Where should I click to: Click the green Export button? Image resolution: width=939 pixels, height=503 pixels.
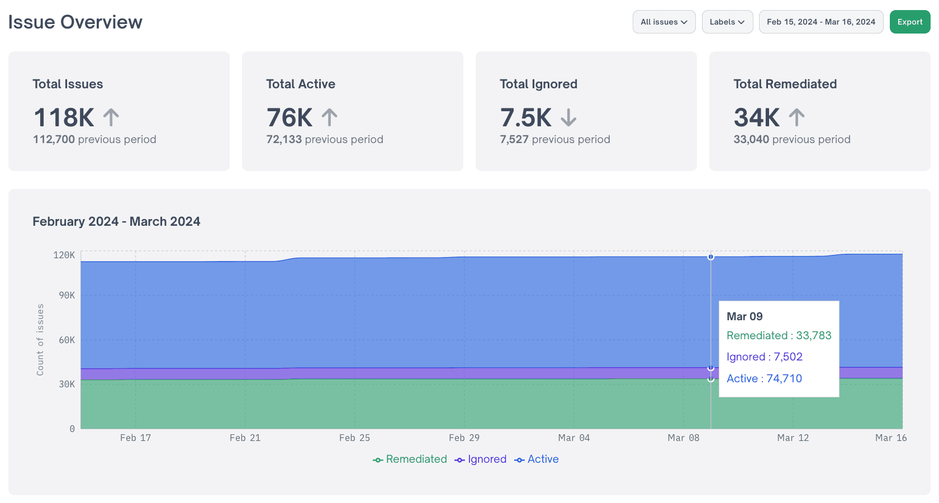click(909, 22)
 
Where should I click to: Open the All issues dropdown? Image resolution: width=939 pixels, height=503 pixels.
click(663, 22)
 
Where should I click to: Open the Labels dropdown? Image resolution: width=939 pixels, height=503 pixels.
click(727, 22)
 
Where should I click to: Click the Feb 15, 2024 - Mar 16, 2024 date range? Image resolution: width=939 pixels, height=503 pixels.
click(821, 22)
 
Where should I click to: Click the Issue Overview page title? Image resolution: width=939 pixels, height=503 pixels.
click(75, 22)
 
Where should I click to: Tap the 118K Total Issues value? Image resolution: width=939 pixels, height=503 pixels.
click(64, 118)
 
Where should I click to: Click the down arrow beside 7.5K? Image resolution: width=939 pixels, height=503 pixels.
click(568, 118)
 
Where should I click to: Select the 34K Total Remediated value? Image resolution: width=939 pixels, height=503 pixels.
click(756, 118)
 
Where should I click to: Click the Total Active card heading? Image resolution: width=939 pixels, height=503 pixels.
click(300, 84)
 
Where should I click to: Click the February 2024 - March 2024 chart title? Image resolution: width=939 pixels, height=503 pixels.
click(116, 221)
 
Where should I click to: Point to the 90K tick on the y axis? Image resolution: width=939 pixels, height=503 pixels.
click(67, 295)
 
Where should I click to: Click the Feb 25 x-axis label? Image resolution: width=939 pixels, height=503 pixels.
click(354, 438)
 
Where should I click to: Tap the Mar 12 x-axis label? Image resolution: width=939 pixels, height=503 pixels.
click(793, 438)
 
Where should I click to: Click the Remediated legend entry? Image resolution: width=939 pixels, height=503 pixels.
click(410, 459)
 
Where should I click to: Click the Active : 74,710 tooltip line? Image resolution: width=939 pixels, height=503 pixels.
click(764, 378)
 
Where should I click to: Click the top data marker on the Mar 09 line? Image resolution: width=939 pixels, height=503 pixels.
click(710, 257)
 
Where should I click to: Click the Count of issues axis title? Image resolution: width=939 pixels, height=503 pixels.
click(40, 339)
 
